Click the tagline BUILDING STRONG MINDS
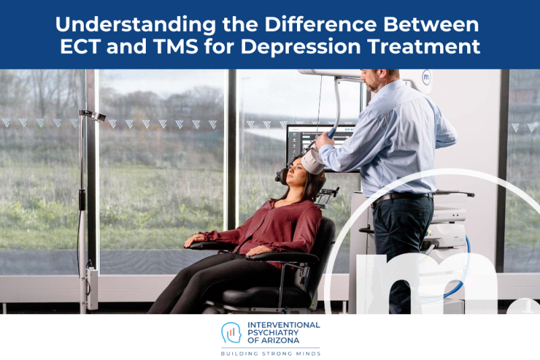click(x=270, y=353)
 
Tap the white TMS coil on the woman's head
click(x=312, y=160)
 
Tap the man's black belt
click(x=401, y=197)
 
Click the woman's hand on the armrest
click(x=196, y=238)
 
